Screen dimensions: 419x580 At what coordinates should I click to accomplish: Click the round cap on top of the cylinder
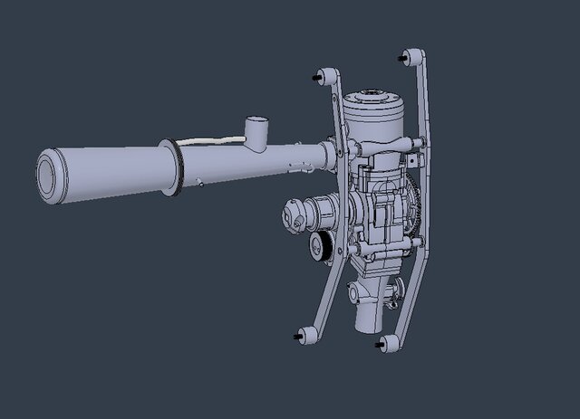[x=372, y=96]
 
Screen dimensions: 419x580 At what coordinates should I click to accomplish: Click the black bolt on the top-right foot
[x=401, y=57]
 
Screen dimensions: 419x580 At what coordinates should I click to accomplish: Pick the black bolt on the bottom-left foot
[x=297, y=337]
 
